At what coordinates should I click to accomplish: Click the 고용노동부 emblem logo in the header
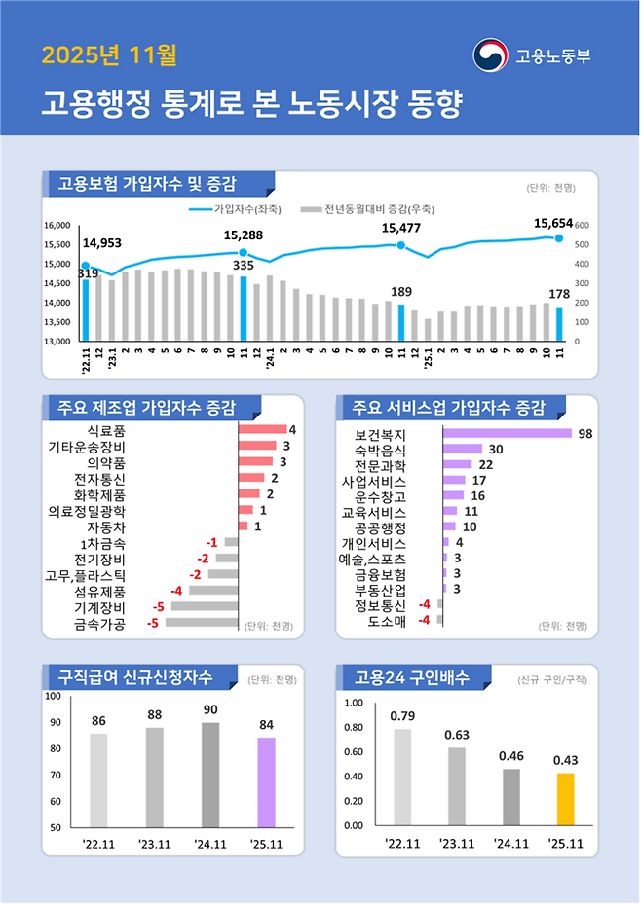(x=490, y=55)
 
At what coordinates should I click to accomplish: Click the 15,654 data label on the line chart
(x=553, y=223)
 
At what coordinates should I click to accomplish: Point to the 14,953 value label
(x=102, y=243)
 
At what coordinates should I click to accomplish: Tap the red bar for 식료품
(x=262, y=430)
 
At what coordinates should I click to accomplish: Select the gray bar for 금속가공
(x=202, y=622)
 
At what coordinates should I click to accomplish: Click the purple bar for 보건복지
(x=508, y=433)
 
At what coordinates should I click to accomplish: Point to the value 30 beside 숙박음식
(x=495, y=450)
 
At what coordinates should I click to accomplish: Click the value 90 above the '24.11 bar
(x=210, y=710)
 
